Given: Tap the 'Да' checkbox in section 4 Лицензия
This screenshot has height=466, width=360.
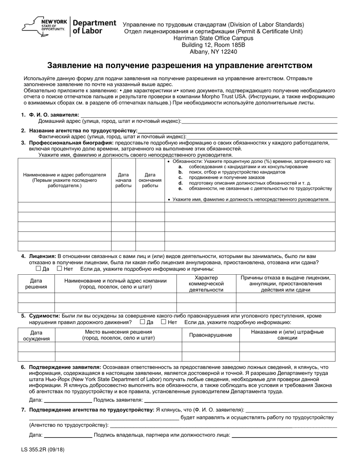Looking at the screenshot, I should (38, 269).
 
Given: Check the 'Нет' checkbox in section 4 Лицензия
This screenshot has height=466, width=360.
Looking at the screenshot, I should (59, 269).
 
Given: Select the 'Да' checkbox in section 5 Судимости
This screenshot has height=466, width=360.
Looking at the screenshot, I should (142, 322).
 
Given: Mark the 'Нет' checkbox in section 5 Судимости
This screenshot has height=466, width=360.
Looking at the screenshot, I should (164, 322).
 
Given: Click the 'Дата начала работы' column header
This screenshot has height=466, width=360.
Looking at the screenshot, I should (123, 180).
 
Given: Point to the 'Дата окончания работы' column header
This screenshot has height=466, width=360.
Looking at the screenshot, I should (150, 180).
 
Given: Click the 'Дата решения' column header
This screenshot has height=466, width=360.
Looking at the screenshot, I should (36, 284).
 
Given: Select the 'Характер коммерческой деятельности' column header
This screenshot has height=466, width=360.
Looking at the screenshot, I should (206, 284).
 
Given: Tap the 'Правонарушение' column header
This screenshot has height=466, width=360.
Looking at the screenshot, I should (210, 335).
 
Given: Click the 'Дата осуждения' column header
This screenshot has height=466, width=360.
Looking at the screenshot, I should (36, 335).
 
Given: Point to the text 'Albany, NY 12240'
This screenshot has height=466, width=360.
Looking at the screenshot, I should (214, 52).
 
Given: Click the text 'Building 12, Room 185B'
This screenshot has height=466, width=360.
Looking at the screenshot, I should (214, 45).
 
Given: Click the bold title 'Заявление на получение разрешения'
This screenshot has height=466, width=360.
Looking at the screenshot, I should (180, 65).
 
